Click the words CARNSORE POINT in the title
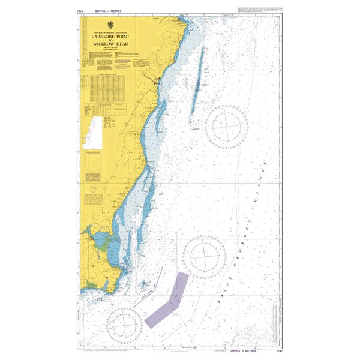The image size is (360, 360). coord(106,36)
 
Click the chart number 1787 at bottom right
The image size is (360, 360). coord(277,350)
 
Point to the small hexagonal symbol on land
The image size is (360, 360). coord(94,196)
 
